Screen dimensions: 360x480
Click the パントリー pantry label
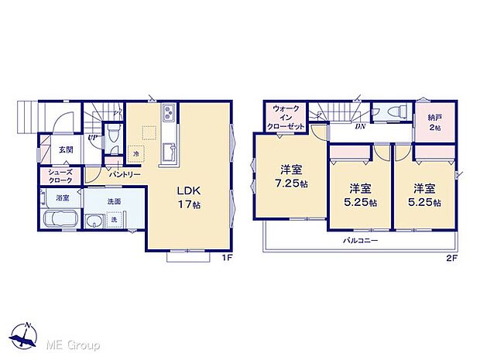125,174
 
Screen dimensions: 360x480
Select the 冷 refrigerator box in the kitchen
136,153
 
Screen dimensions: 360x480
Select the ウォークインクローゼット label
286,118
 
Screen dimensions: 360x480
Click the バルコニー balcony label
361,241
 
